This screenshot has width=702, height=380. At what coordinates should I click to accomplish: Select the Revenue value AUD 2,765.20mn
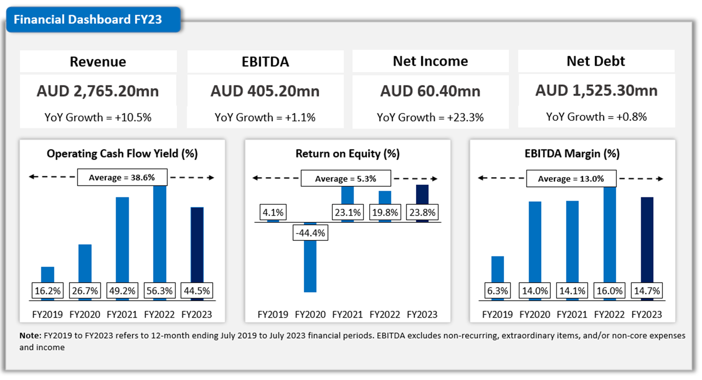coord(98,91)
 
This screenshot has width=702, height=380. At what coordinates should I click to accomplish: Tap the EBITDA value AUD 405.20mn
coord(265,91)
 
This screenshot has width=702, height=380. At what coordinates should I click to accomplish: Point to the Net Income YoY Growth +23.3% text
coord(430,117)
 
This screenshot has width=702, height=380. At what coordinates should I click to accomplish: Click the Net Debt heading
coord(596,61)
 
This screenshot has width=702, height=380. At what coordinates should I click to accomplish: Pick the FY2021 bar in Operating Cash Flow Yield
coord(122,239)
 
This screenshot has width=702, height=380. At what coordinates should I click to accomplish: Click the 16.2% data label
coord(47,291)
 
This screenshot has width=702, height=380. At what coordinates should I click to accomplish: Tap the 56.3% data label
coord(160,291)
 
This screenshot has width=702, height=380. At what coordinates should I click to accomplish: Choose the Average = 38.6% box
coord(122,177)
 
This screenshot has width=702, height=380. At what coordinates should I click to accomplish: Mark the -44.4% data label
coord(310,233)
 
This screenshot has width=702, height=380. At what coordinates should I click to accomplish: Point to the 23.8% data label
coord(422,213)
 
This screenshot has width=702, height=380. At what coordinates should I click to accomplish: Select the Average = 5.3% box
coord(345,179)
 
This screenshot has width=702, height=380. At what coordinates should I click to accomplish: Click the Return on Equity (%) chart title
coord(347,154)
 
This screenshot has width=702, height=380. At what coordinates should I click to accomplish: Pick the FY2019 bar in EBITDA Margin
coord(497,268)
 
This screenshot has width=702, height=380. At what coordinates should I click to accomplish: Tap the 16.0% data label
coord(610,291)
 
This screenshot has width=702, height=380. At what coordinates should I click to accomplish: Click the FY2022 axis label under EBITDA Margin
coord(609,315)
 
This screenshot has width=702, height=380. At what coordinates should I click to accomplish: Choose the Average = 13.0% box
coord(571,179)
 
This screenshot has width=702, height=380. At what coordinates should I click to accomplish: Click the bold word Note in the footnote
coord(30,336)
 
